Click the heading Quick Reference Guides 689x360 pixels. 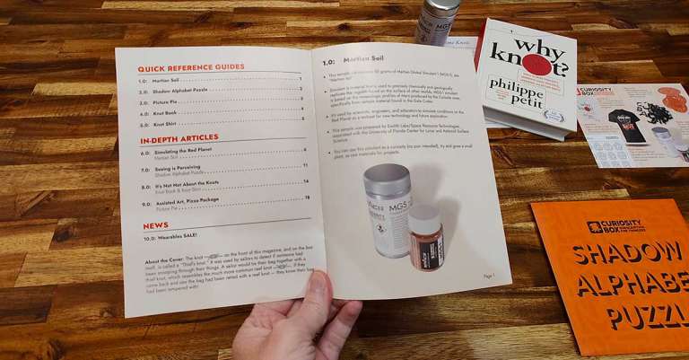coord(190,67)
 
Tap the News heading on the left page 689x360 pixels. coord(155,225)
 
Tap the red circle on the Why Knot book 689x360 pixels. coord(535,65)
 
